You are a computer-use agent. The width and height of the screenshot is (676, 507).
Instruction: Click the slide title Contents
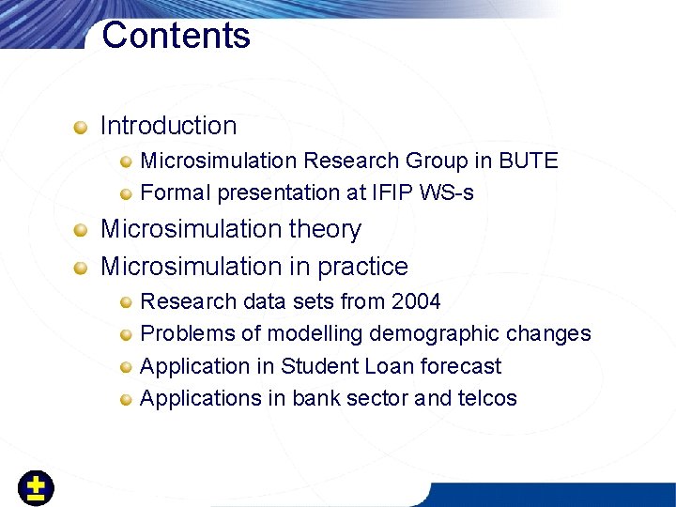[176, 36]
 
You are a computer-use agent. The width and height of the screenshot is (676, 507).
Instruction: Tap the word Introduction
[168, 126]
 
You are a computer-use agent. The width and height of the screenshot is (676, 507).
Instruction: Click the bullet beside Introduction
[83, 126]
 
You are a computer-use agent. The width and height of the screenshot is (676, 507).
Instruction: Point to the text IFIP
[389, 192]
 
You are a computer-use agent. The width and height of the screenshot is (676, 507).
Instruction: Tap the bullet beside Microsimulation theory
[83, 230]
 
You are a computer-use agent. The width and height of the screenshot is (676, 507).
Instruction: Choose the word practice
[362, 267]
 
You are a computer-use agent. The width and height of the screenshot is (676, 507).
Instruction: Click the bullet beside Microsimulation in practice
[83, 268]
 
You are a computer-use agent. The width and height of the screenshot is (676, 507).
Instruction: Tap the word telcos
[486, 398]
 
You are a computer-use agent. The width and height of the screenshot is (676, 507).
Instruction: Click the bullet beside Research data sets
[126, 302]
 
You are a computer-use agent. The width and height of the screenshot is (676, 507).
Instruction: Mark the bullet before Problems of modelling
[126, 335]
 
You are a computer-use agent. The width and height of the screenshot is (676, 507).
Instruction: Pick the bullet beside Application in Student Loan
[126, 367]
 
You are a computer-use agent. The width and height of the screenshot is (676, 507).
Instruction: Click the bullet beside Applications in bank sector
[126, 399]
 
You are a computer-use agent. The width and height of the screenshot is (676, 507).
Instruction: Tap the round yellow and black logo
[36, 487]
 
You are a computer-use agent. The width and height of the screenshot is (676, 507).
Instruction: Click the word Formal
[176, 192]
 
